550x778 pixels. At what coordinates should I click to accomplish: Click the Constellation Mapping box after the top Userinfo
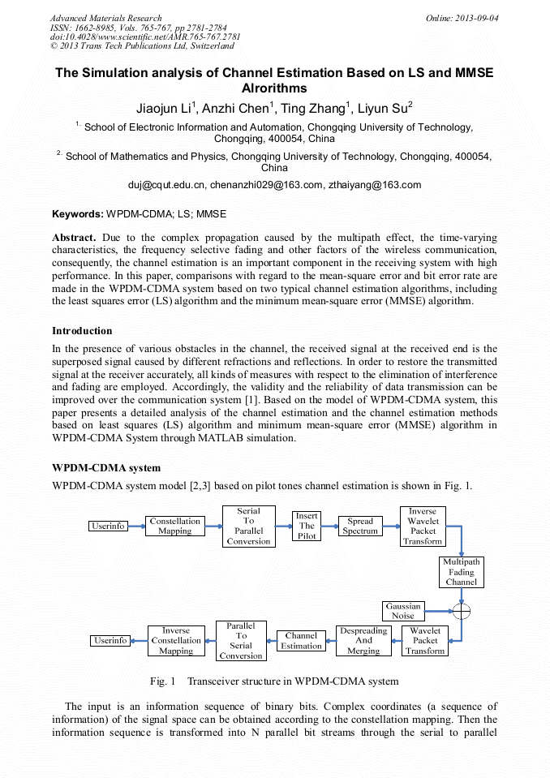(x=175, y=526)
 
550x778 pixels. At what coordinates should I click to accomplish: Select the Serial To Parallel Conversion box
(x=248, y=526)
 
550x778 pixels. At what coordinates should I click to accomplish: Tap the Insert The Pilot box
(x=307, y=526)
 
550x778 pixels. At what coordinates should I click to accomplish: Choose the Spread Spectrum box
(x=360, y=526)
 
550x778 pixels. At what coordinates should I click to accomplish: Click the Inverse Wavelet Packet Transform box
(x=423, y=526)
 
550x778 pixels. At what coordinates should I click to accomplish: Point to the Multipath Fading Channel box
(x=462, y=571)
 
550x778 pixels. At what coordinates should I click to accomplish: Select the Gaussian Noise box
(x=403, y=610)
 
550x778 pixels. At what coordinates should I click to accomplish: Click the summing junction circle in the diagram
(x=462, y=610)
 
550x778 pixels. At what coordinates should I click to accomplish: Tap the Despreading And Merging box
(x=363, y=640)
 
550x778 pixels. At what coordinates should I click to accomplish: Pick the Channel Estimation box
(x=302, y=640)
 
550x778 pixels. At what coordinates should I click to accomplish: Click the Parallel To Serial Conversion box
(x=241, y=640)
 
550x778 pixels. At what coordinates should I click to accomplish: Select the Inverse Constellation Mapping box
(x=176, y=640)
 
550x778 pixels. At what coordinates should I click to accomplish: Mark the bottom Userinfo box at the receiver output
(x=110, y=640)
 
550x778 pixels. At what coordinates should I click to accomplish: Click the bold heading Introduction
(x=82, y=331)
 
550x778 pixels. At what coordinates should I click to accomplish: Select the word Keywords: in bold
(x=78, y=214)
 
